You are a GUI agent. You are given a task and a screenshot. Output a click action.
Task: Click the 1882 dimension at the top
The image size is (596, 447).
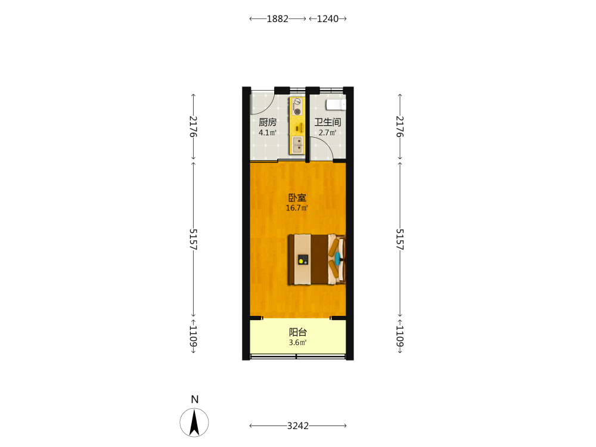click(x=278, y=18)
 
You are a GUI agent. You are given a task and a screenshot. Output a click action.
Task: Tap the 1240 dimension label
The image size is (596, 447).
click(x=328, y=18)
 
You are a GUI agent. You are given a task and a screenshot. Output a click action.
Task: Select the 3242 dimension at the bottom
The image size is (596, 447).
click(x=298, y=426)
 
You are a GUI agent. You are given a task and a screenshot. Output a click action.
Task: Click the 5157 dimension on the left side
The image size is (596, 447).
click(x=194, y=239)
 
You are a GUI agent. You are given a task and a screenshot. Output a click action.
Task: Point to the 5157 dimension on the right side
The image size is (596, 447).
click(x=400, y=239)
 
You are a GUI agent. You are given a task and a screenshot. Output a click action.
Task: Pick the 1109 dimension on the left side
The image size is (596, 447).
click(x=194, y=336)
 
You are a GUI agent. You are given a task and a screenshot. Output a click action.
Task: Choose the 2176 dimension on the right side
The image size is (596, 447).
click(x=400, y=126)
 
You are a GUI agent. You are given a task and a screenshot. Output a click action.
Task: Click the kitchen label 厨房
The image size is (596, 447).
click(x=268, y=122)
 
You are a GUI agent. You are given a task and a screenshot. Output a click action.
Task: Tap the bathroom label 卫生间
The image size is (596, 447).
click(x=328, y=122)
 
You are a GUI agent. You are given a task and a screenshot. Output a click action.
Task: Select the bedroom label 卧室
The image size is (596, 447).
click(x=297, y=198)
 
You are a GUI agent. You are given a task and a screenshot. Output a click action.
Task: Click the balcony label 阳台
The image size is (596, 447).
click(x=297, y=332)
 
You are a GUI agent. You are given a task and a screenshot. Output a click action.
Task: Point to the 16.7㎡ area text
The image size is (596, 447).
click(x=297, y=208)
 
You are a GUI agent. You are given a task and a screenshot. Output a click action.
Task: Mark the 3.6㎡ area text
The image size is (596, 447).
click(x=297, y=343)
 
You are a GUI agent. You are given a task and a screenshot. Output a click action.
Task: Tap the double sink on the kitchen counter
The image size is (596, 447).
click(x=297, y=145)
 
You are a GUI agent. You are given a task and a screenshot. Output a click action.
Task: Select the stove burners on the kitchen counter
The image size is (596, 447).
click(x=296, y=107)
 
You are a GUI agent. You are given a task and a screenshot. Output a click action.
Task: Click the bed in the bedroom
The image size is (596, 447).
click(x=316, y=259)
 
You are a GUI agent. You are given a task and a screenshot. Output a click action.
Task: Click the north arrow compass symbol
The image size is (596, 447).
click(x=194, y=423)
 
